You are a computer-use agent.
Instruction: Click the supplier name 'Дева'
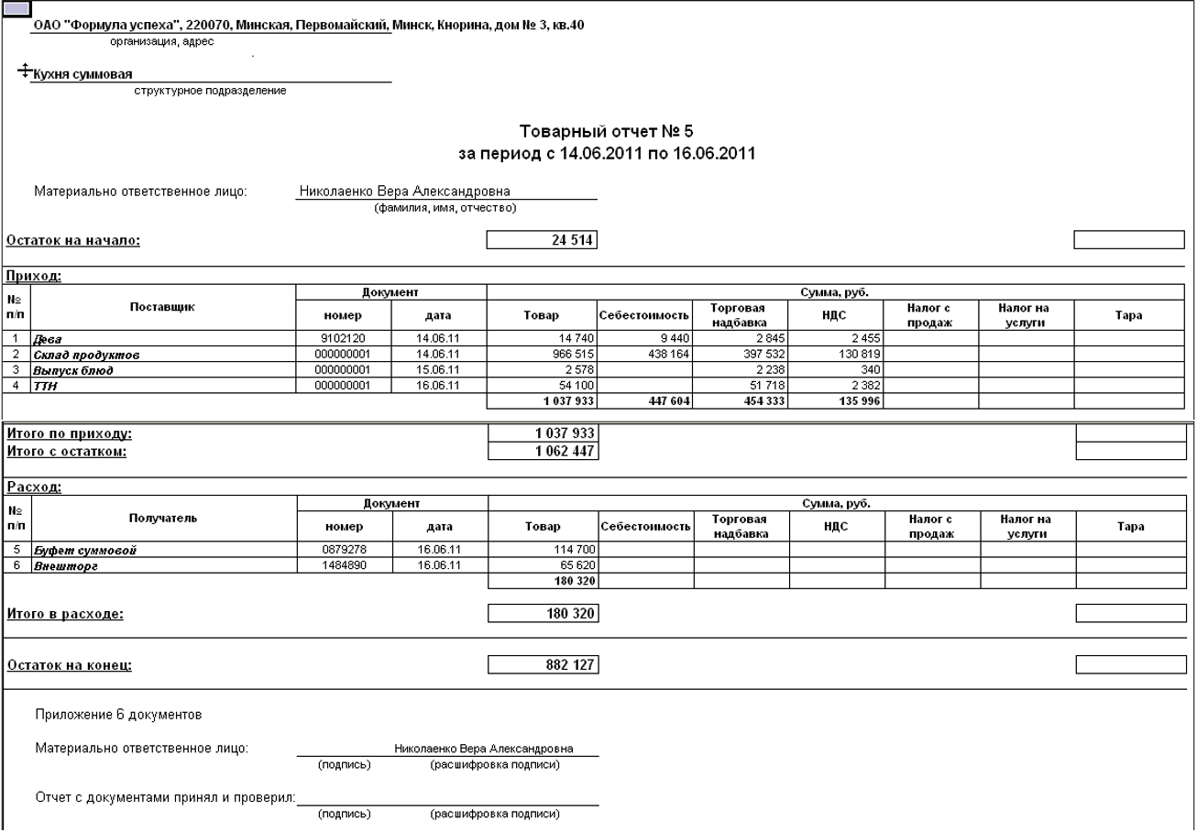[x=45, y=339]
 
